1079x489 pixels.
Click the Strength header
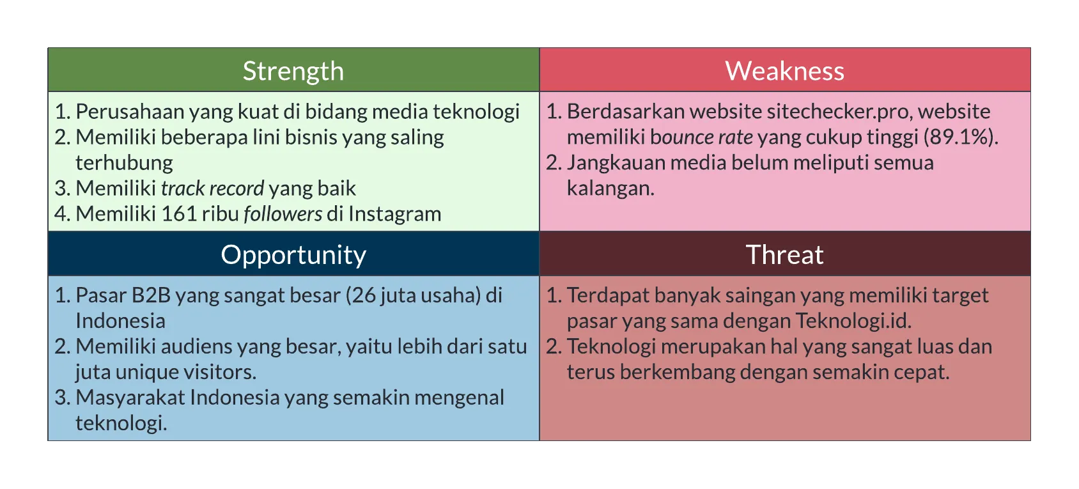click(293, 72)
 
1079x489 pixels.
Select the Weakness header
click(785, 71)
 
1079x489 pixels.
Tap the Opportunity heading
click(293, 255)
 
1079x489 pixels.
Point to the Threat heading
click(785, 254)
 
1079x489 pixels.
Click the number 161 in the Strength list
click(179, 214)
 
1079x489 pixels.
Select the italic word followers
click(283, 214)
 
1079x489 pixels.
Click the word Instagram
click(394, 214)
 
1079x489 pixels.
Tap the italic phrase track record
click(212, 189)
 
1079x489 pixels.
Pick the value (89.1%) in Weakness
click(961, 137)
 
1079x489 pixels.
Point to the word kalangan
click(610, 189)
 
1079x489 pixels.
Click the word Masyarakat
click(130, 398)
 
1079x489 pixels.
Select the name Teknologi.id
click(853, 321)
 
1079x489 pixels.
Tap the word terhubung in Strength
click(124, 163)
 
